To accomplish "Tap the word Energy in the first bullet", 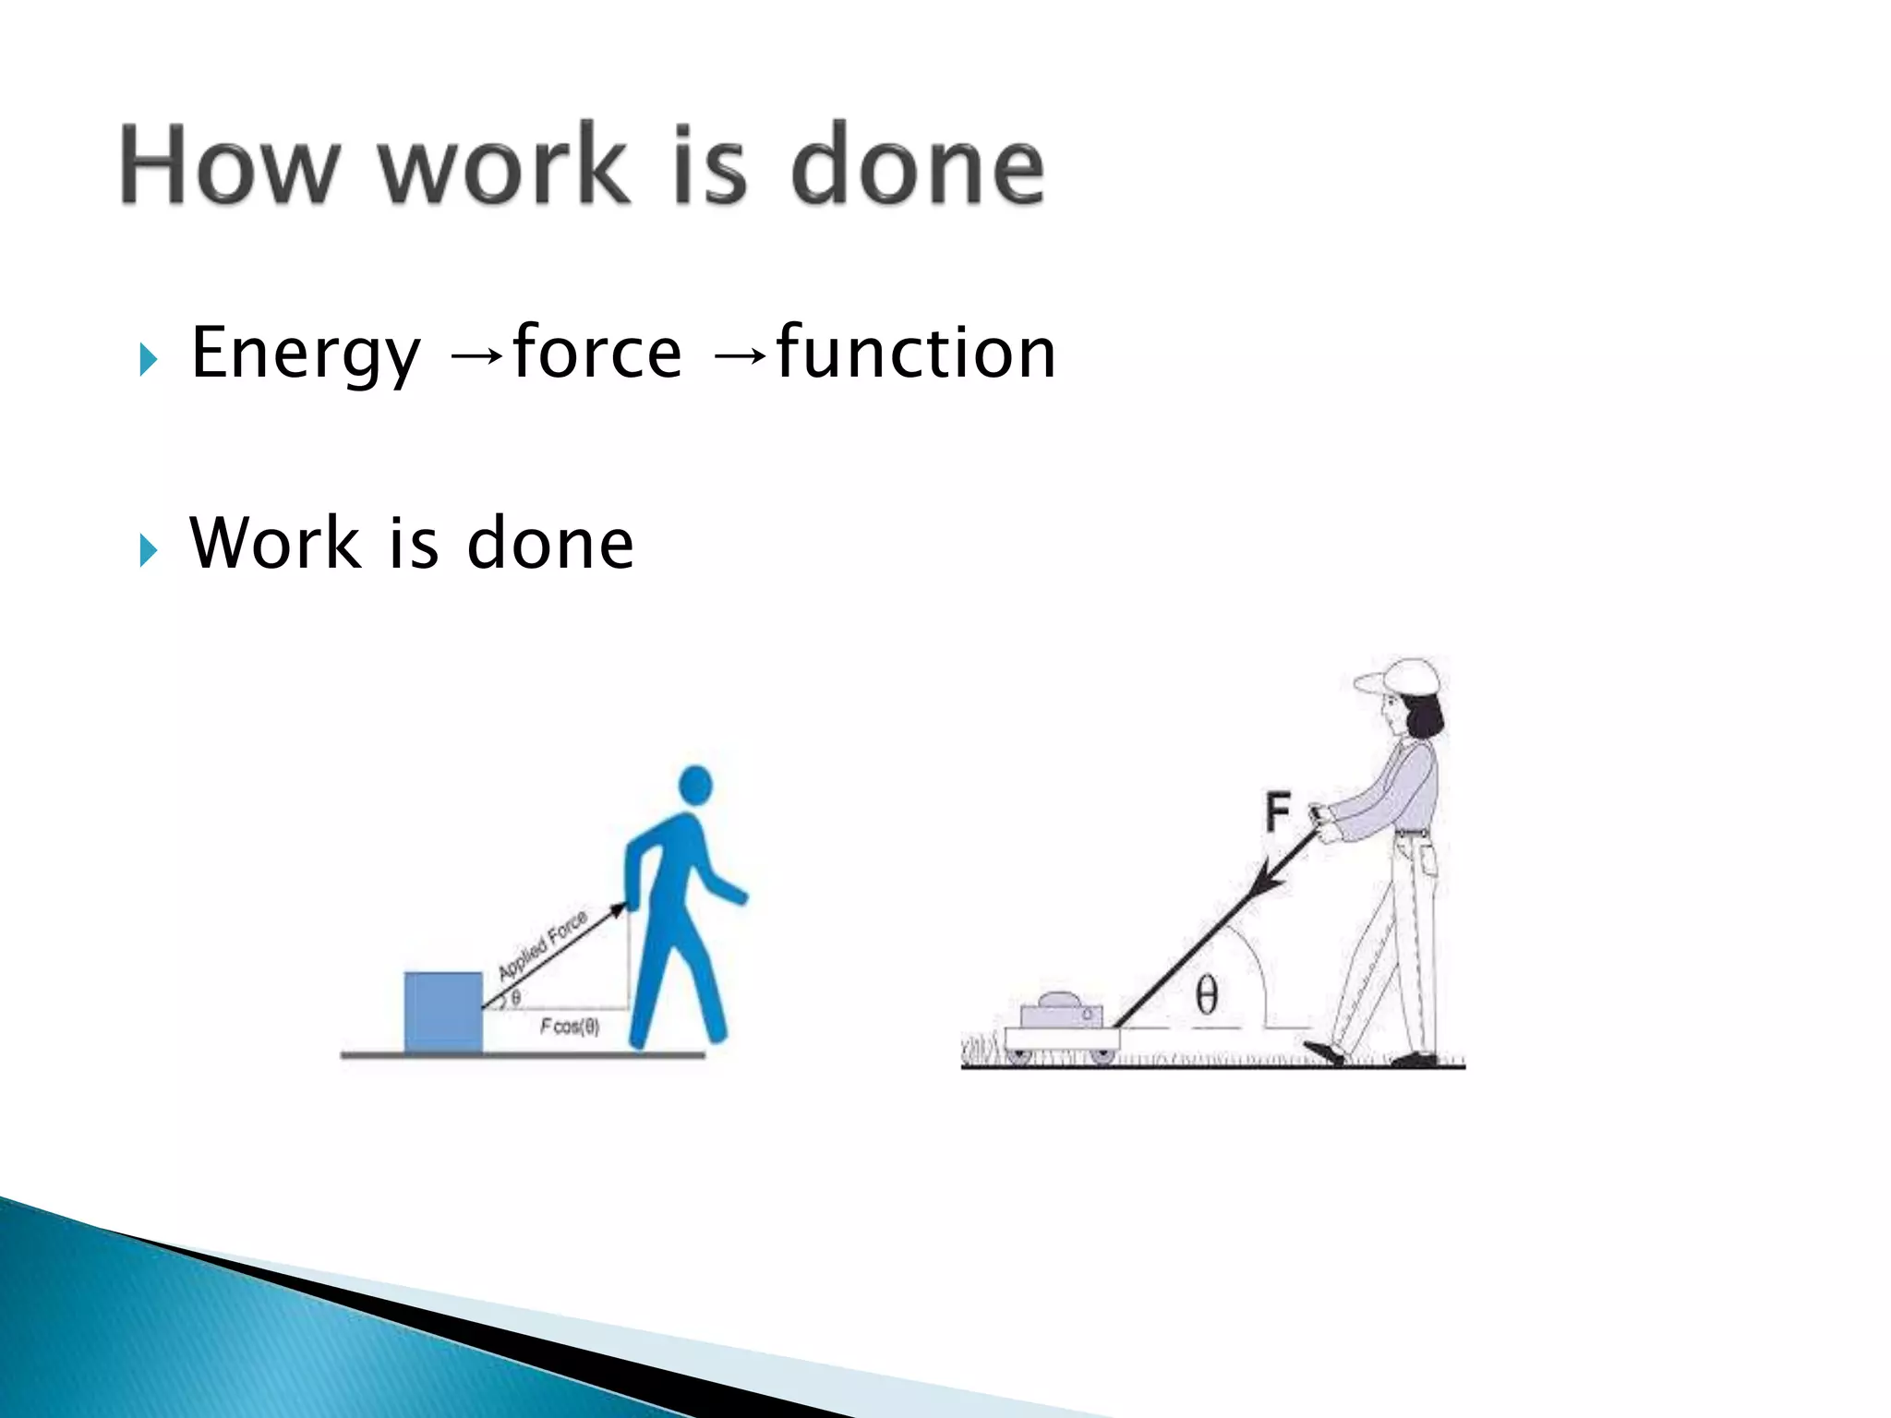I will point(306,354).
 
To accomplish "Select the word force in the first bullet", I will point(596,353).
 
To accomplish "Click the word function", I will point(916,353).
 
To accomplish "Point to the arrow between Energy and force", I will point(476,356).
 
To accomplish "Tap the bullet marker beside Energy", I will point(149,359).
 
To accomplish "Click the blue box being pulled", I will point(443,1012).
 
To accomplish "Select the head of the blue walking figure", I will point(694,786).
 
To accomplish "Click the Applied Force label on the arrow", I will point(543,945).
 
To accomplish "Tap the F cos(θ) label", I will point(570,1027).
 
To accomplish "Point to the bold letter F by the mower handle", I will point(1277,813).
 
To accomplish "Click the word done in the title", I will point(918,166).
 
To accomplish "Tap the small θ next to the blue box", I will point(515,998).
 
